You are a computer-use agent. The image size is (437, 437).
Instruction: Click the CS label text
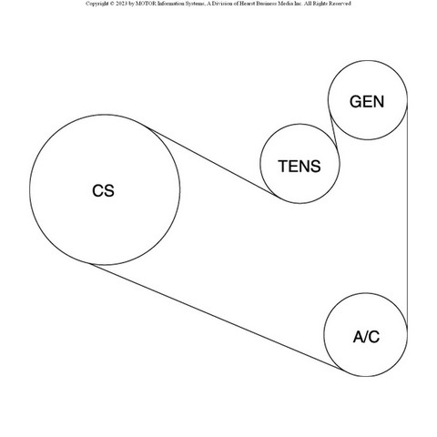(103, 191)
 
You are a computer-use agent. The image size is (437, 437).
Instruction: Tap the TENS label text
(300, 167)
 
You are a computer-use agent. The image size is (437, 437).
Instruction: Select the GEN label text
(367, 102)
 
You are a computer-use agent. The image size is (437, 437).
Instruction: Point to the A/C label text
(366, 337)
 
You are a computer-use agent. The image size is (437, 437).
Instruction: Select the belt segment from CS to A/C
(217, 318)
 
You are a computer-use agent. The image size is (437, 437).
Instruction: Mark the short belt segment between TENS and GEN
(334, 132)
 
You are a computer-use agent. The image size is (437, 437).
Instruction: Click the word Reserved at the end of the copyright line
(340, 4)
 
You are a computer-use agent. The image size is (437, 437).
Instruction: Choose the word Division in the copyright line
(220, 4)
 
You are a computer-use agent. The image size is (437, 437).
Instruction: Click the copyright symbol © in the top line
(112, 4)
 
